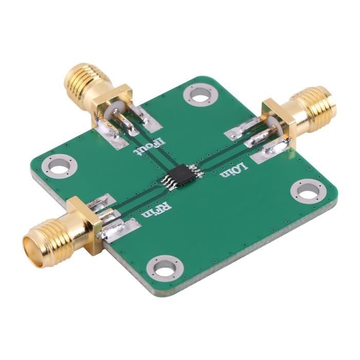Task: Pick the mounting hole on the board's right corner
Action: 308,191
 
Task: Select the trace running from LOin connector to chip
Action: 221,154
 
